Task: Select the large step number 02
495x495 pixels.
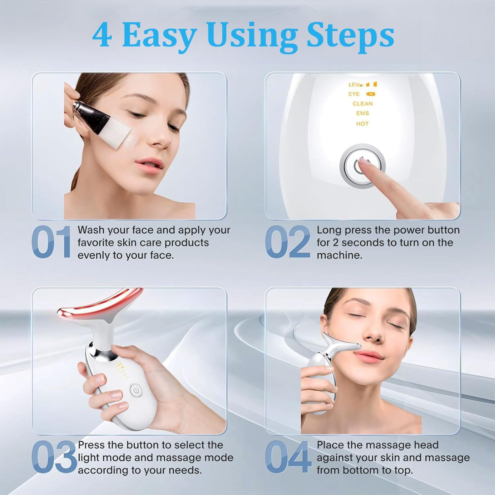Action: tap(287, 242)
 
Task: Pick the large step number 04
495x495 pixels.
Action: tap(288, 457)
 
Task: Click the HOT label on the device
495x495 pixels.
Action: tap(362, 124)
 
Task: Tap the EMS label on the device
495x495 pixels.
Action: tap(362, 113)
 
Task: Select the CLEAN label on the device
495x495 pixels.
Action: tap(362, 104)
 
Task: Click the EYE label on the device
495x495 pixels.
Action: tap(354, 94)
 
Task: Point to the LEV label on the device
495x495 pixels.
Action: tap(354, 85)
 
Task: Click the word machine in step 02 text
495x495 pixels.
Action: tap(339, 255)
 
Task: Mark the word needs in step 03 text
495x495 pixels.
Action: tap(186, 470)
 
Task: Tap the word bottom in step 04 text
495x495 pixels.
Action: tap(362, 470)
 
